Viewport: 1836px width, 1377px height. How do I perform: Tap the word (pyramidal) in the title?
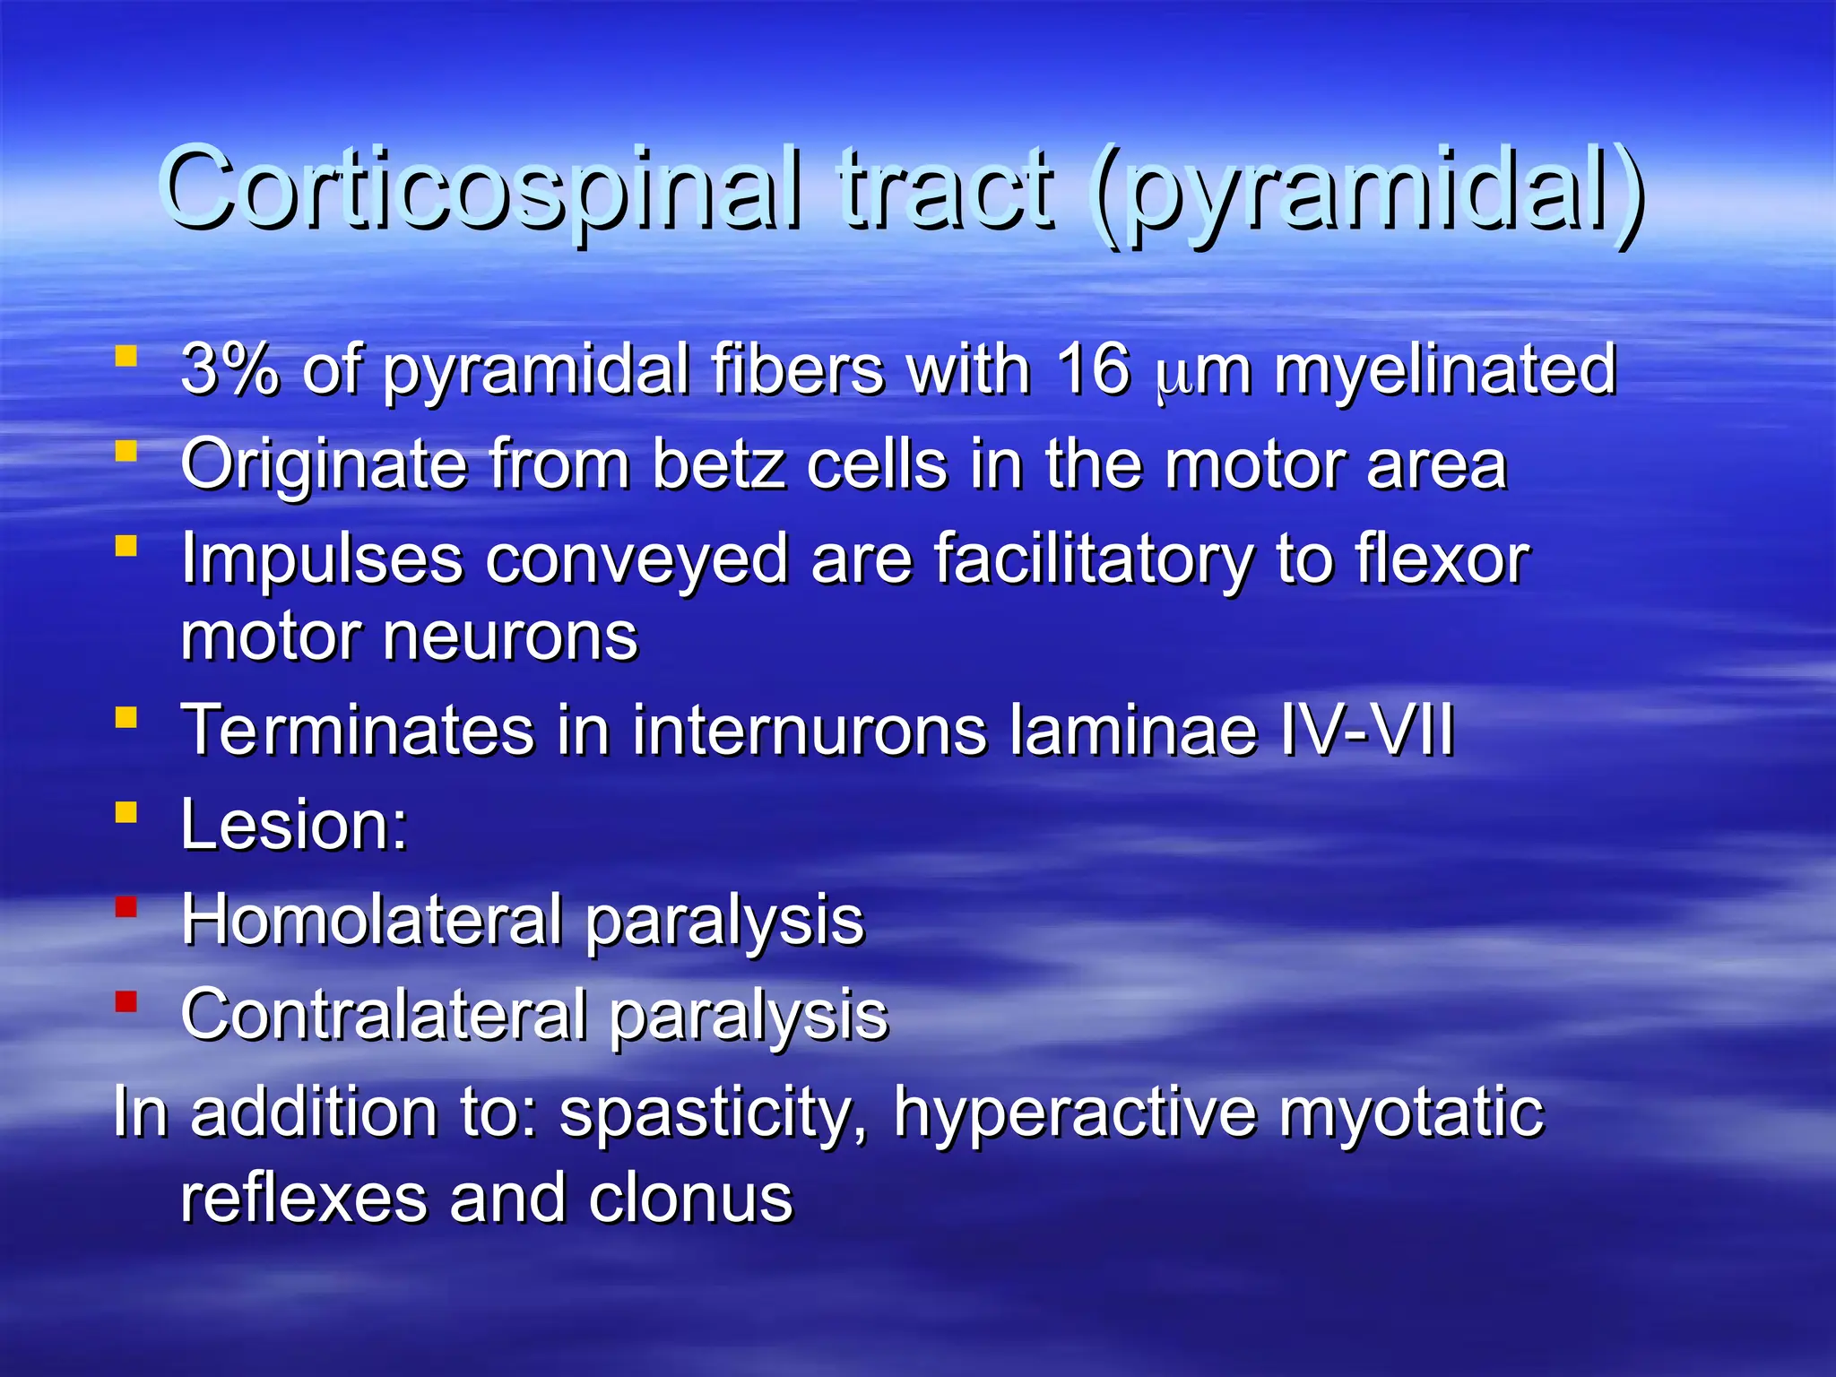pos(1368,194)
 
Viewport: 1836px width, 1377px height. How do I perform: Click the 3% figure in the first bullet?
pos(229,368)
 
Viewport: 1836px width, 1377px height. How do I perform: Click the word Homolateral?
pos(371,920)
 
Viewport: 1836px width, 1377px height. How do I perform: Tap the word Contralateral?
pos(384,1015)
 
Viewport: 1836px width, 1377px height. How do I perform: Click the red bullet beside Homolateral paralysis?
pos(126,907)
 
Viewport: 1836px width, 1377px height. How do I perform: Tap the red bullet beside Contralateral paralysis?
pos(126,1001)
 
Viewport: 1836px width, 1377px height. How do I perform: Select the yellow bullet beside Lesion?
pos(126,812)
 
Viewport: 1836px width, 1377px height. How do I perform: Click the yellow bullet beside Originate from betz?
pos(126,451)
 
